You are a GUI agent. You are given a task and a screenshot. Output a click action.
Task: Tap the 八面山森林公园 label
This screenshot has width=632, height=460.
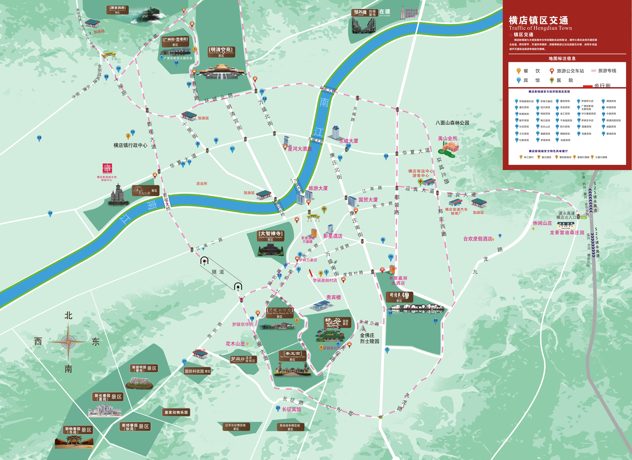(452, 123)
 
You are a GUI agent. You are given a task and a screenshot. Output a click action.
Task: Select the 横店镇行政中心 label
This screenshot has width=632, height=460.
(130, 145)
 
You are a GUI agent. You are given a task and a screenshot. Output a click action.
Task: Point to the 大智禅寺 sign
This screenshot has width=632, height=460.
(270, 236)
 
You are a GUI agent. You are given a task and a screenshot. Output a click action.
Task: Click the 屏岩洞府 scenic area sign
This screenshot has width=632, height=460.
(117, 10)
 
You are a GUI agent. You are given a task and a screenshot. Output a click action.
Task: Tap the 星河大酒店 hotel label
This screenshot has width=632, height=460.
(300, 149)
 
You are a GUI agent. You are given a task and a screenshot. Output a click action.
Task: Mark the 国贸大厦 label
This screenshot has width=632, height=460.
(368, 200)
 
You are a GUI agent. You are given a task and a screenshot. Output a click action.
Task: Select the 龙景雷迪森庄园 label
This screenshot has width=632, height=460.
(567, 233)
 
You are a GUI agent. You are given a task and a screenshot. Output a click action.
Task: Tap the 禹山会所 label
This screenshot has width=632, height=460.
(448, 138)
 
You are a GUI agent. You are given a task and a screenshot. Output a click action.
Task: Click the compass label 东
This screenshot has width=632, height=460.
(96, 342)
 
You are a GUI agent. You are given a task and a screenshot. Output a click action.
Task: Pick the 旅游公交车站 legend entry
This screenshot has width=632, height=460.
(570, 71)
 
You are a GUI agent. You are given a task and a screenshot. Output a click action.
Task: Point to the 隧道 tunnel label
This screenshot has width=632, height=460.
(218, 272)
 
